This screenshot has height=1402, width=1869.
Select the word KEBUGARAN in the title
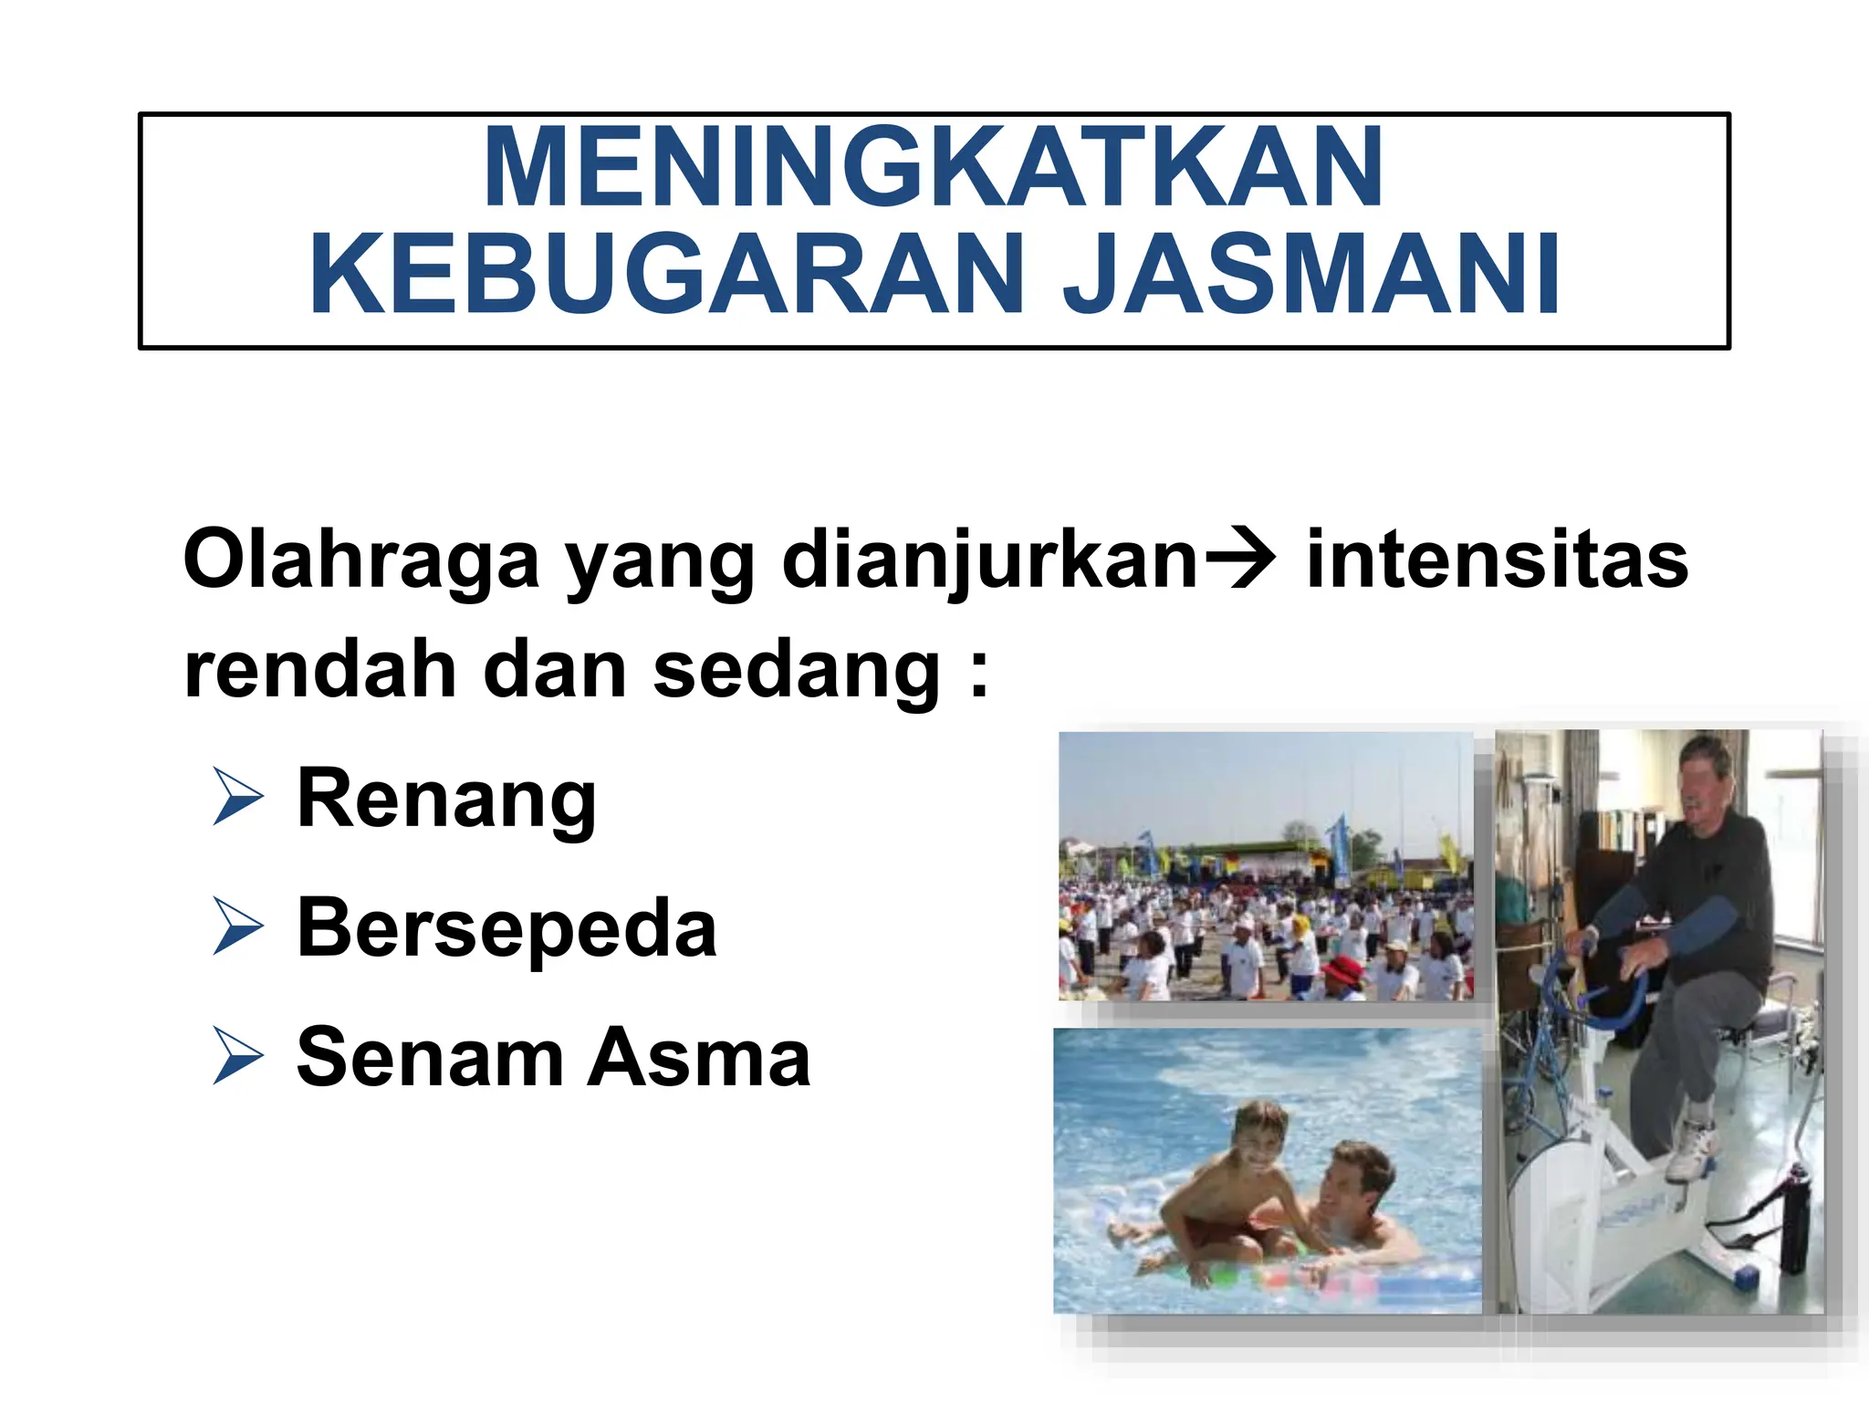(667, 275)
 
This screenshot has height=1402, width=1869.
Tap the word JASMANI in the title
(1312, 275)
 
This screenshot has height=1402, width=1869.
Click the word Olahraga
(361, 559)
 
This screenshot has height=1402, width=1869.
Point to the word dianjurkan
(989, 559)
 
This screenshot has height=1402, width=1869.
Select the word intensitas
(1497, 559)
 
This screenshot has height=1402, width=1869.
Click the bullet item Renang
(446, 800)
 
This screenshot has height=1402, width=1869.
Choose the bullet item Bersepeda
(506, 928)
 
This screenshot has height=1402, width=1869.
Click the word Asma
(699, 1058)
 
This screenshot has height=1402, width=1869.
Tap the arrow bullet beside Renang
(237, 797)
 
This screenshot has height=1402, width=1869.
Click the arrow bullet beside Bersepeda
(237, 926)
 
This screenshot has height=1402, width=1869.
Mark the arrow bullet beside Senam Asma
(237, 1056)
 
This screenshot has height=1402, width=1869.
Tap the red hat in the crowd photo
(1341, 968)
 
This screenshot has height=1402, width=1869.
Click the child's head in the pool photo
(1260, 1132)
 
